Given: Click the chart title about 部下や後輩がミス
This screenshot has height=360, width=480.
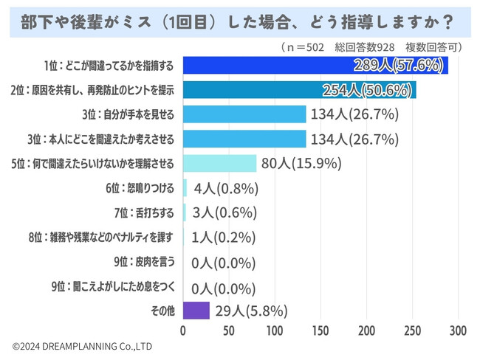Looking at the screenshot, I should [240, 19].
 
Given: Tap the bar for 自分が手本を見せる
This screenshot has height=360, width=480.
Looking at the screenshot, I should [244, 114].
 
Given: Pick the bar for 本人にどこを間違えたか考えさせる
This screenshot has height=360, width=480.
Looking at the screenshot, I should [244, 139].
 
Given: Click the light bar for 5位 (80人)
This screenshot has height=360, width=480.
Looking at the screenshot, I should [219, 164].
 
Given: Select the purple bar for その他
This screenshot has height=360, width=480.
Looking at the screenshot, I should [196, 311].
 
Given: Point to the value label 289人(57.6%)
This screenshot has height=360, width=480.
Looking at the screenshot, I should [400, 66].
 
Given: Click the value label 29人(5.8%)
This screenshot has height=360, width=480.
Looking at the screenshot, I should [251, 311].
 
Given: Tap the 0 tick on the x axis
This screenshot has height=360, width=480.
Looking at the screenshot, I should [183, 330].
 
